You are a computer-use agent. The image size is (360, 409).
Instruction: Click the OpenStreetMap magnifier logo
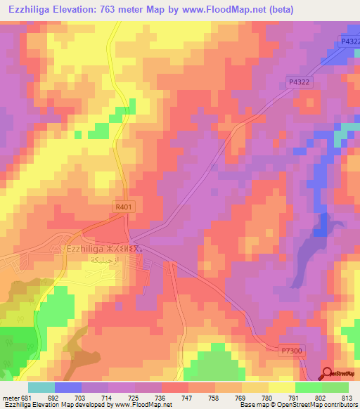tap(328, 374)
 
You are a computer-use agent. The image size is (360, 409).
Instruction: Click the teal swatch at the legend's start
tap(41, 387)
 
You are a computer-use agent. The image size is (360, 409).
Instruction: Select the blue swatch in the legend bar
tap(68, 387)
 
